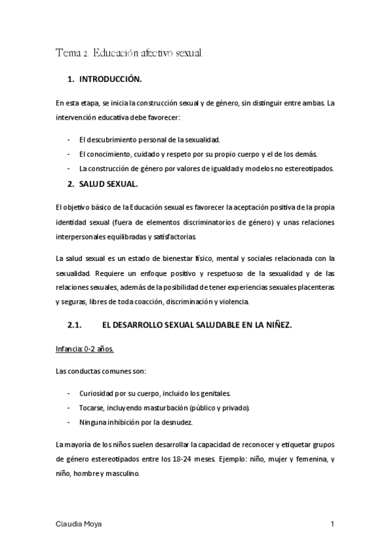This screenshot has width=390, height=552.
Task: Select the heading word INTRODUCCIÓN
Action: pyautogui.click(x=110, y=79)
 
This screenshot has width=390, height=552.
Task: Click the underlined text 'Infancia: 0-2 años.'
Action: pyautogui.click(x=85, y=349)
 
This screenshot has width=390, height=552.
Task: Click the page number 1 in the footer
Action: pyautogui.click(x=332, y=523)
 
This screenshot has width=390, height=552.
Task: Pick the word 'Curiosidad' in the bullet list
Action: pyautogui.click(x=97, y=393)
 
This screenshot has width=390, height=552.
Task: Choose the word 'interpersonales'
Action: pyautogui.click(x=83, y=236)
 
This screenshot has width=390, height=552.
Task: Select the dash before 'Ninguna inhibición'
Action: pyautogui.click(x=69, y=422)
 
